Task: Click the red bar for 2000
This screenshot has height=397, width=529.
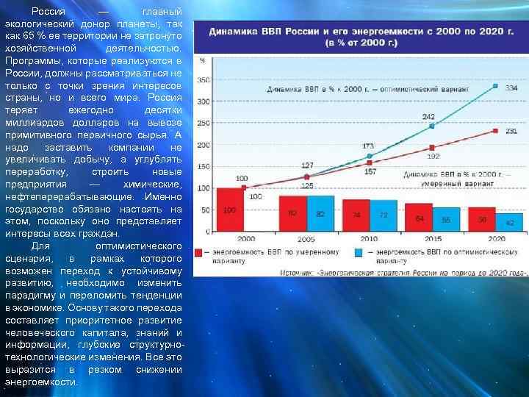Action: point(230,211)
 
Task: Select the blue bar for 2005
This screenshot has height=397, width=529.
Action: point(320,214)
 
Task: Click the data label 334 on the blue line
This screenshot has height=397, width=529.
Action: point(511,88)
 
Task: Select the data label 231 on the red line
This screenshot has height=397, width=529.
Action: point(511,131)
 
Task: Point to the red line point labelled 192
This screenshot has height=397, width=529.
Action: point(432,147)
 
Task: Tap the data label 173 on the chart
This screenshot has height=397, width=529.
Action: point(368,146)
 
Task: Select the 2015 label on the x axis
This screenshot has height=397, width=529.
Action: point(432,239)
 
